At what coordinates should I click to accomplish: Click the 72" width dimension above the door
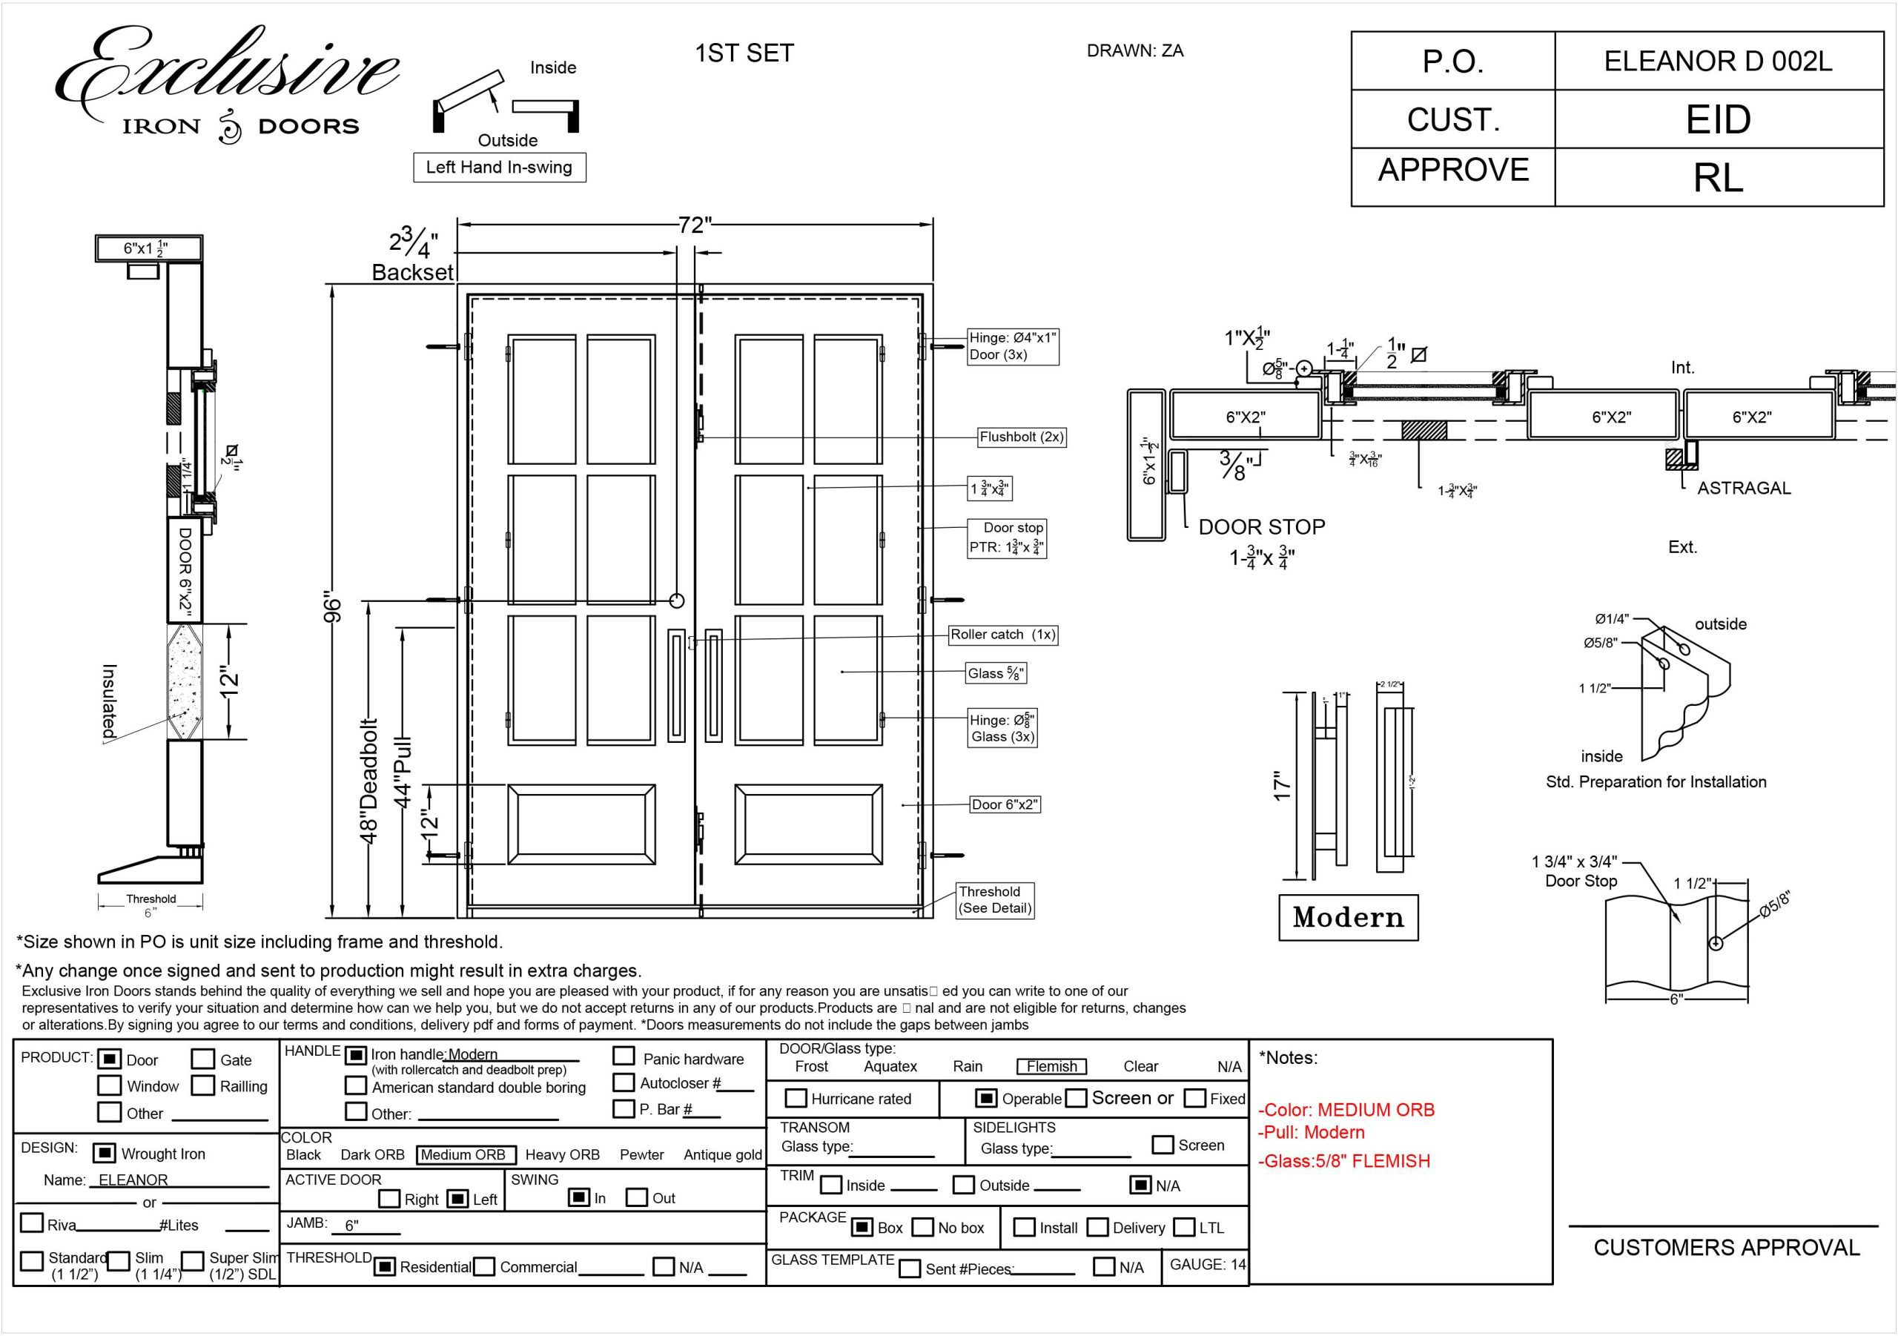[695, 225]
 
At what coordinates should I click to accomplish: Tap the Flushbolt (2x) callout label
[1021, 437]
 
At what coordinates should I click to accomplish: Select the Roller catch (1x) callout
[1002, 634]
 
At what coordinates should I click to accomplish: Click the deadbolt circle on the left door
[677, 601]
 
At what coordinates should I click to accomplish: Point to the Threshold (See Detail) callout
[994, 899]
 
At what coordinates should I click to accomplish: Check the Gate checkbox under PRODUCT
[202, 1059]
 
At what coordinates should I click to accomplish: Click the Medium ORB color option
[466, 1155]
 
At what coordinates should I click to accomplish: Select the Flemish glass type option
[1051, 1066]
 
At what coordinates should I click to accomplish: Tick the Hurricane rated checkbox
[796, 1098]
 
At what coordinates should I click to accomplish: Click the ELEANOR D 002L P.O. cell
[1718, 62]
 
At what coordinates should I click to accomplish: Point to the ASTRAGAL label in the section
[1743, 488]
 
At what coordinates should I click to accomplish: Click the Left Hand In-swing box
[499, 167]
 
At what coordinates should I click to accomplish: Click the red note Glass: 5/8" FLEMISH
[1343, 1161]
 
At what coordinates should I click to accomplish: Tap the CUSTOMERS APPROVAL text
[1726, 1248]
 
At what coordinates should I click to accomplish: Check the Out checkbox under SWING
[637, 1197]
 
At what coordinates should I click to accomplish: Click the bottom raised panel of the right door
[807, 824]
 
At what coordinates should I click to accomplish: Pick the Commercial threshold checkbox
[484, 1266]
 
